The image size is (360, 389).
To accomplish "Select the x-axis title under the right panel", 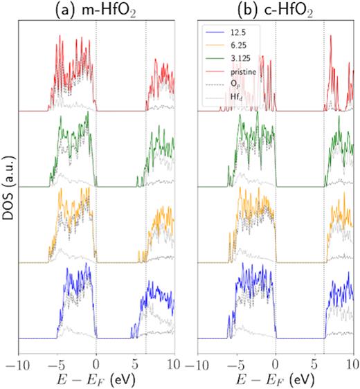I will (276, 380).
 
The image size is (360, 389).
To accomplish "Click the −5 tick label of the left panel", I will (55, 363).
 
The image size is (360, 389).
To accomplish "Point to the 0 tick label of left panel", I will (96, 363).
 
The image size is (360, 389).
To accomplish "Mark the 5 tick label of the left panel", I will (136, 363).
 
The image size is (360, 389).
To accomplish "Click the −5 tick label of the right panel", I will (235, 363).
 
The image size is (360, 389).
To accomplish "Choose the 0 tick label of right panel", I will (276, 363).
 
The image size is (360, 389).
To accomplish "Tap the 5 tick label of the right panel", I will (315, 363).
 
